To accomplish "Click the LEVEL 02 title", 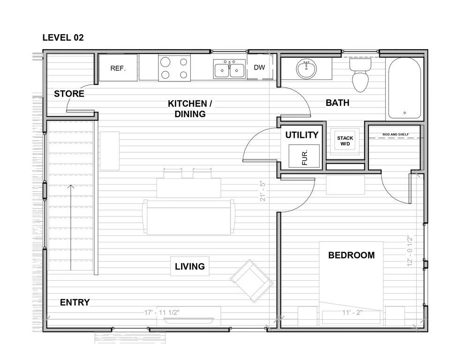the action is click(x=63, y=37).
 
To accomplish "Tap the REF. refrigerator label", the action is click(x=118, y=68).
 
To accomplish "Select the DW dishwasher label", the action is click(x=259, y=67).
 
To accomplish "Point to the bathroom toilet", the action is click(x=360, y=75).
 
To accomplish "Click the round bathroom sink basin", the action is click(x=307, y=69).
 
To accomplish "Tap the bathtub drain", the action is click(x=405, y=113).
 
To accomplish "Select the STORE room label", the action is click(x=69, y=94).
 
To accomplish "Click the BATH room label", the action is click(x=338, y=103).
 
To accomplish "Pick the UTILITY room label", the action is click(x=301, y=135).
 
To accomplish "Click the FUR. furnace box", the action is click(x=304, y=156).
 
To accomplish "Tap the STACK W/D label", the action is click(x=345, y=141).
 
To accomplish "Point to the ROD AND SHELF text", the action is click(x=396, y=135).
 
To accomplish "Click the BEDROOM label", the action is click(x=351, y=255).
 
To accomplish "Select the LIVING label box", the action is click(x=189, y=266).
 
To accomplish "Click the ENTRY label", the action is click(x=75, y=302).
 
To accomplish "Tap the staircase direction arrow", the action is click(x=71, y=227).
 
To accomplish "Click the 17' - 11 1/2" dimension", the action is click(x=162, y=313).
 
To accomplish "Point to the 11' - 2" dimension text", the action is click(x=352, y=313).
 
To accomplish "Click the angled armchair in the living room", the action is click(x=252, y=281).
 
